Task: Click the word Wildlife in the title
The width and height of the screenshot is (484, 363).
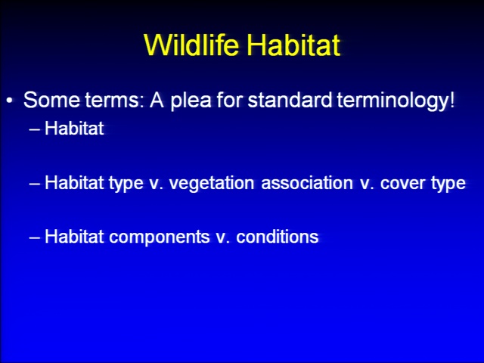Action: pos(191,45)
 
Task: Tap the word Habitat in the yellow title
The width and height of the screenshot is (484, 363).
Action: pos(293,45)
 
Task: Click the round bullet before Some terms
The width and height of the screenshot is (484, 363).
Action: pos(10,101)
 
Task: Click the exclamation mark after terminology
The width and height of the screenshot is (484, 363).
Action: pos(452,100)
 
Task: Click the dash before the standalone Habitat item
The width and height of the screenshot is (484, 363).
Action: pos(34,129)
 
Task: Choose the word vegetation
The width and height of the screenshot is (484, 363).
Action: pos(212,184)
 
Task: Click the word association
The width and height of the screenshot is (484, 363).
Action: pos(307,183)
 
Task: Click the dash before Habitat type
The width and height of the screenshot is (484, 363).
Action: pos(34,184)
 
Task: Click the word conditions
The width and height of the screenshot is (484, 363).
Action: pos(278,237)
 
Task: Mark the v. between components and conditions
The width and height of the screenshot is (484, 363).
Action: pos(222,238)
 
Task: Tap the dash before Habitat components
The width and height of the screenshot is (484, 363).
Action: pos(34,238)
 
